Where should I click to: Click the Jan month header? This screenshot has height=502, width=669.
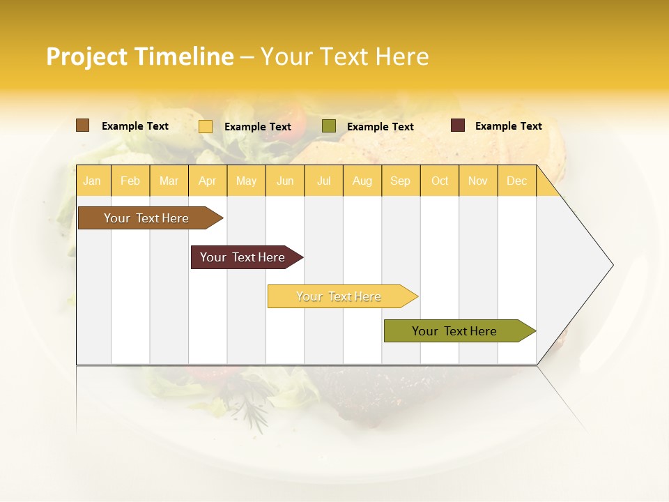coord(92,181)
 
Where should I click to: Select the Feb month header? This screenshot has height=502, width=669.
coord(130,181)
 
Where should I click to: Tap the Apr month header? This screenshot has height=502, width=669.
coord(207,181)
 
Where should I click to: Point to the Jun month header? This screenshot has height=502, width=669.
coord(285,181)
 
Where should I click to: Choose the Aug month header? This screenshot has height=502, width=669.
coord(362,181)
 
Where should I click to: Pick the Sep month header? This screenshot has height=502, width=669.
coord(400,181)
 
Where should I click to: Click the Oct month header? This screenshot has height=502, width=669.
coord(440,181)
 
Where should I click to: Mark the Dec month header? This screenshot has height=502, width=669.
coord(516,181)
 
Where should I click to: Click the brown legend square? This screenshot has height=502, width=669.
coord(83,125)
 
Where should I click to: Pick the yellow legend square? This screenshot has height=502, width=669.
coord(206,126)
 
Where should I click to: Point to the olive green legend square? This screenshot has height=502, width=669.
coord(329,126)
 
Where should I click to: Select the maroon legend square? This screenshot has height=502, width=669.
coord(458,125)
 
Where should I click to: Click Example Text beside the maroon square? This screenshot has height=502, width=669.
coord(508,126)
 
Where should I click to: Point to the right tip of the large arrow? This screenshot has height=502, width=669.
coord(612,265)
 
